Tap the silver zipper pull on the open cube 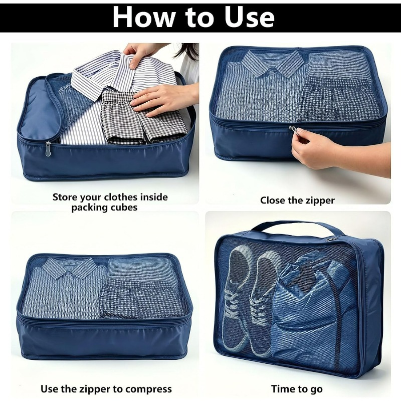[48, 149]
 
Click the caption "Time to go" [297, 389]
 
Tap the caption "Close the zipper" [297, 200]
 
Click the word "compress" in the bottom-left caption [148, 389]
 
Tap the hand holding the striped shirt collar [139, 54]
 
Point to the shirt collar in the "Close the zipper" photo [272, 63]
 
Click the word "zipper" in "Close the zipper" [319, 200]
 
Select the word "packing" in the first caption [90, 208]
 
